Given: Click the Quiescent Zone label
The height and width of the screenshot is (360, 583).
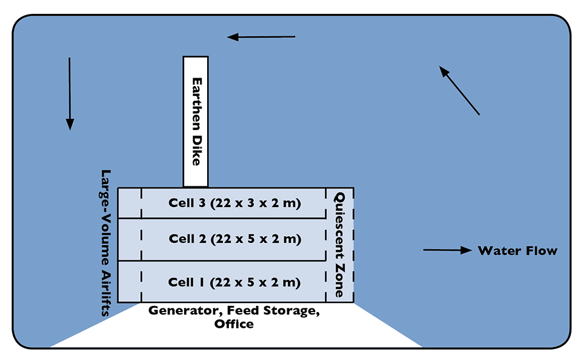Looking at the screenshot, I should pos(340,244).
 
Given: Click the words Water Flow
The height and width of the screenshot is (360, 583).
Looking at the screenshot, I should pos(517,251).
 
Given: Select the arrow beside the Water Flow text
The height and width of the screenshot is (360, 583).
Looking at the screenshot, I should pos(448,250).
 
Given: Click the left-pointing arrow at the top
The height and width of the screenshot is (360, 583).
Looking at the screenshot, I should pos(261,38).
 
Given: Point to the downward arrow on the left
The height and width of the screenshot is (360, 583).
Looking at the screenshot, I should pos(70,93).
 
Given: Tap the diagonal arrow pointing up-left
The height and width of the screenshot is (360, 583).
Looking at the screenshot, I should pos(460,90).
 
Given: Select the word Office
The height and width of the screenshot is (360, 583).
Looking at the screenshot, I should pos(234,324).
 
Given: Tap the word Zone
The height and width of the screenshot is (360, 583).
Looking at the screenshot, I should pos(340,280).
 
